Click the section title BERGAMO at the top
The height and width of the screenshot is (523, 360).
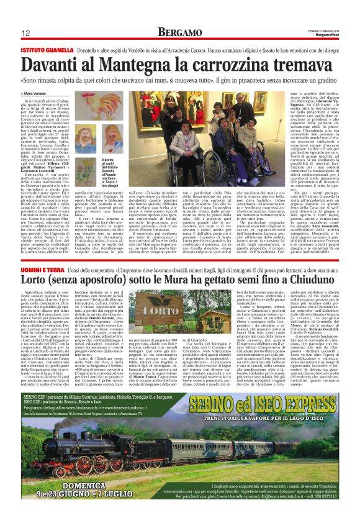pyautogui.click(x=179, y=31)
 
